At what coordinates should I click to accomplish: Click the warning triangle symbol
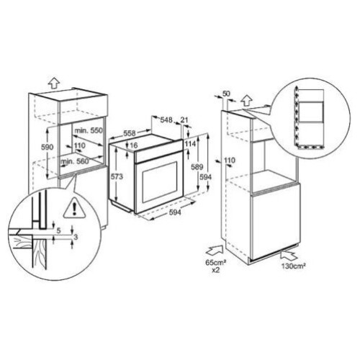pyautogui.click(x=75, y=208)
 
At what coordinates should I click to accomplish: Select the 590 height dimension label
pyautogui.click(x=48, y=147)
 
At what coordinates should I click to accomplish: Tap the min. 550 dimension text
pyautogui.click(x=89, y=130)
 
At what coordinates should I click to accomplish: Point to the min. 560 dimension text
pyautogui.click(x=74, y=161)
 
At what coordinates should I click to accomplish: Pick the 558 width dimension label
pyautogui.click(x=130, y=132)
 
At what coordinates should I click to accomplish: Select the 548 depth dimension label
pyautogui.click(x=166, y=120)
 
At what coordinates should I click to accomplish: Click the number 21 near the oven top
pyautogui.click(x=184, y=120)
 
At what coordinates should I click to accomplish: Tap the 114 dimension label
pyautogui.click(x=190, y=143)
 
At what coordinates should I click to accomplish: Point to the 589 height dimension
pyautogui.click(x=197, y=167)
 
